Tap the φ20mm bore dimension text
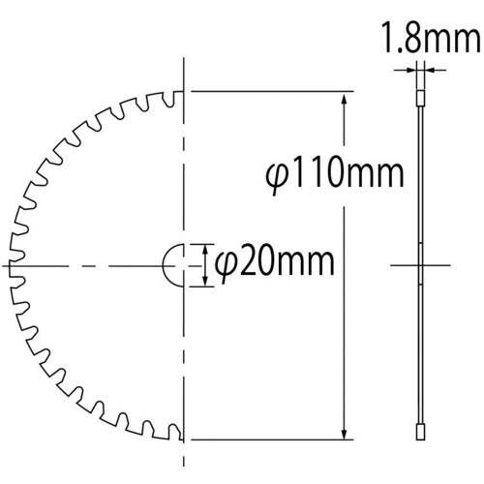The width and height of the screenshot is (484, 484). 274,262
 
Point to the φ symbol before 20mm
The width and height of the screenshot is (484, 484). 224,263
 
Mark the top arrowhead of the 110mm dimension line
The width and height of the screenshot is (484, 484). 344,97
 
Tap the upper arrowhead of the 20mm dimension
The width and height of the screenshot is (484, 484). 204,247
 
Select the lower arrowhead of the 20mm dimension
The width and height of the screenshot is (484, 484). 204,281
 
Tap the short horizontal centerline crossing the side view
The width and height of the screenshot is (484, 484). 421,263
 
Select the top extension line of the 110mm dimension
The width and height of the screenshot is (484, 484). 271,92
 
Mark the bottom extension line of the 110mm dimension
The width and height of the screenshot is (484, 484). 271,437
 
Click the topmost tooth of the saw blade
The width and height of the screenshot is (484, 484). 172,98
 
